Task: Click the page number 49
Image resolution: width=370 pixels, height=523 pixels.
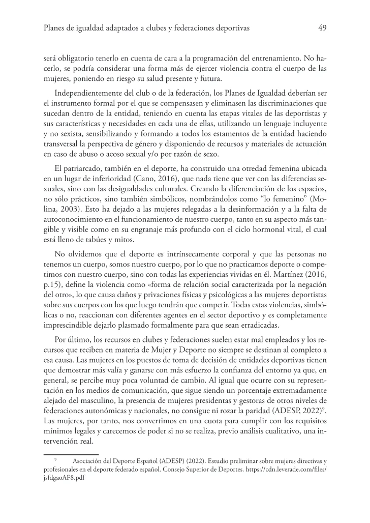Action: [x=322, y=28]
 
